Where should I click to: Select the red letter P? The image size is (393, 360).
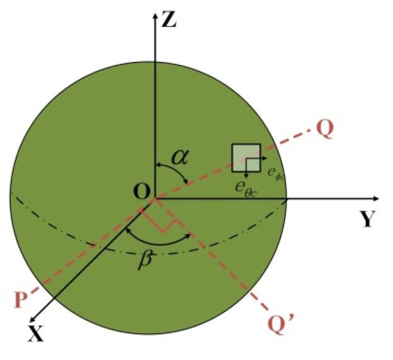[x=23, y=297]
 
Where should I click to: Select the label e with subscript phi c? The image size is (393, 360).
[x=274, y=172]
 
